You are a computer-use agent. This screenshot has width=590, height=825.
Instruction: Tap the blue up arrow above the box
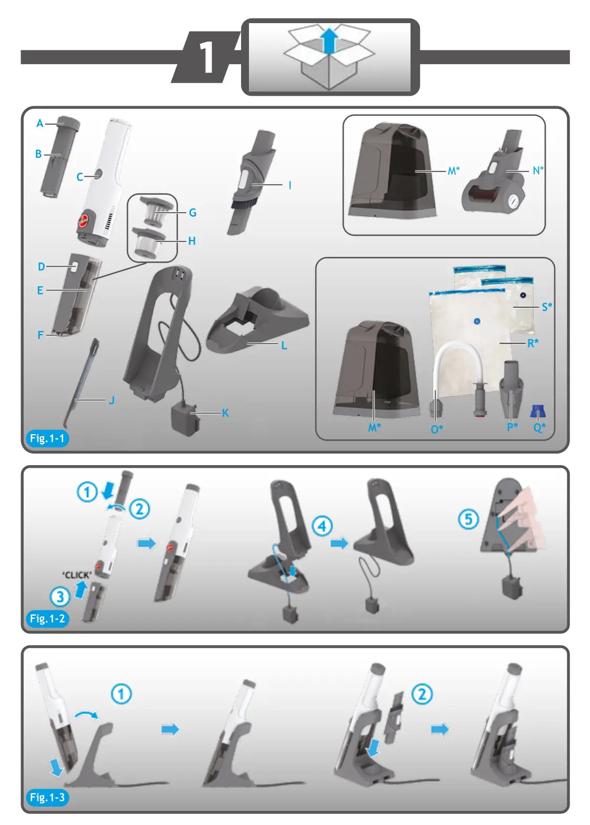point(329,41)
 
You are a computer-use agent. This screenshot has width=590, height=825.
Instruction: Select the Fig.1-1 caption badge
point(47,438)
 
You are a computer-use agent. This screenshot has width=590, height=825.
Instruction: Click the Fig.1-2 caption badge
point(47,619)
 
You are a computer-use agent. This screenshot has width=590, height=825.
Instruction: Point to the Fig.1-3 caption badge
point(47,798)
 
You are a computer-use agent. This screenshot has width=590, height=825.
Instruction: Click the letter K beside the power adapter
point(225,413)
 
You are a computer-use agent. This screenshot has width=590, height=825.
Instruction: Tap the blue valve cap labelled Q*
point(537,411)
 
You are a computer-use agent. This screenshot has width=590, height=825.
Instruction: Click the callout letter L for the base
point(284,346)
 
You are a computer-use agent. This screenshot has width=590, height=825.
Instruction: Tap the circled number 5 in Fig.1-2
point(468,519)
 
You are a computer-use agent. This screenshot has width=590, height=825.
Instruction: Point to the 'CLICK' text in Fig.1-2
point(77,575)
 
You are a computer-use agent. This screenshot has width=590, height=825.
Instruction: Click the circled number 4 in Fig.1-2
point(322,526)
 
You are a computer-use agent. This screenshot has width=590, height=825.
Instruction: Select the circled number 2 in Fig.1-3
point(422,694)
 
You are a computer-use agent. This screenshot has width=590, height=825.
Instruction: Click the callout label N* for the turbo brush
point(538,170)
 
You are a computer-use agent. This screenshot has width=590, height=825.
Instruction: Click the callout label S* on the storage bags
point(547,307)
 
